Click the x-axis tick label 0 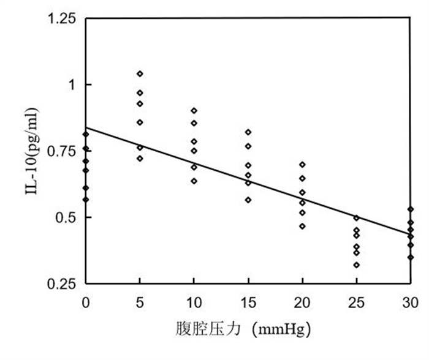(x=86, y=302)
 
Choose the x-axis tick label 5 (x=140, y=302)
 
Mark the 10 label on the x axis (x=194, y=302)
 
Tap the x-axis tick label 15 (x=248, y=302)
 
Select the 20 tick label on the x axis (x=302, y=302)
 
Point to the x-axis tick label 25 (x=356, y=302)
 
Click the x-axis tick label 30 (x=410, y=302)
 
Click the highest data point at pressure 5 (x=140, y=73)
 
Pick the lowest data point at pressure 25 (x=356, y=265)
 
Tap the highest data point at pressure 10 (x=194, y=111)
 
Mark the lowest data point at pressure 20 (x=302, y=227)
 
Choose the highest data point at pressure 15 (x=248, y=132)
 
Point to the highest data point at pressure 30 (x=410, y=209)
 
